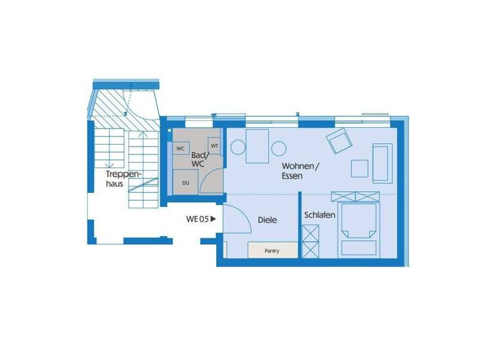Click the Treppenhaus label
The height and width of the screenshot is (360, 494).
tap(123, 178)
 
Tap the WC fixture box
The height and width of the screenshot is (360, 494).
tap(181, 148)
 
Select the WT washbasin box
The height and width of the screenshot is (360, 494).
tap(215, 146)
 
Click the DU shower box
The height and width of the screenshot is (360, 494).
tap(186, 183)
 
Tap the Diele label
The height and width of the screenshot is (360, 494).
tap(267, 220)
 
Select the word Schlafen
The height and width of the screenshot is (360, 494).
tap(320, 215)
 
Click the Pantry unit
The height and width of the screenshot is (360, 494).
tap(272, 251)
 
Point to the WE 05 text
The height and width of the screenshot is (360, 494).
tap(197, 219)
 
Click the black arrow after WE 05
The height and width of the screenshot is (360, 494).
tap(213, 219)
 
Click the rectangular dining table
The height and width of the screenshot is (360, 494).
tap(258, 146)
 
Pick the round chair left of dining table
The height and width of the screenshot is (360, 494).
tap(237, 148)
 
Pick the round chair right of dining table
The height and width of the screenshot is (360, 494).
tap(279, 148)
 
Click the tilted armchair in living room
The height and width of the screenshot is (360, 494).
tap(339, 139)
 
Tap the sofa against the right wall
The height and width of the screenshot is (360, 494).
tap(381, 161)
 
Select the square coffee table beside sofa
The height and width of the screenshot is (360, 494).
tap(360, 168)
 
